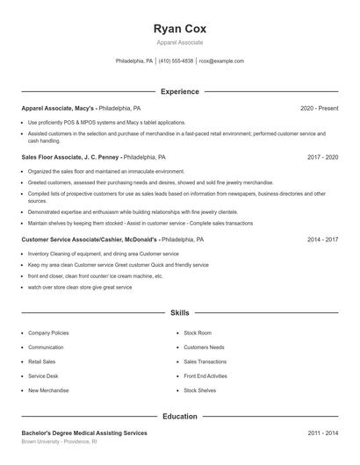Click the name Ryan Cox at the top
click(x=179, y=28)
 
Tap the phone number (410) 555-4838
click(x=176, y=61)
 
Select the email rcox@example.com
click(x=221, y=61)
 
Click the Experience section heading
click(x=179, y=91)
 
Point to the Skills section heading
click(x=179, y=312)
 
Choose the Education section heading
click(x=179, y=417)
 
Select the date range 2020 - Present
click(x=319, y=108)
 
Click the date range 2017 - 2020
click(x=323, y=157)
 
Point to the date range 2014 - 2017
click(x=323, y=239)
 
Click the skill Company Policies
click(x=48, y=333)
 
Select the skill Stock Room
click(x=198, y=333)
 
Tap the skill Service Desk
click(x=44, y=376)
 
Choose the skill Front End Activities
click(x=205, y=376)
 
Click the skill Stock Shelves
click(x=199, y=390)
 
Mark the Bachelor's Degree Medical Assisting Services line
click(x=84, y=433)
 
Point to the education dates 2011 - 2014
click(x=323, y=433)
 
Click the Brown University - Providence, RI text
click(x=60, y=443)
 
